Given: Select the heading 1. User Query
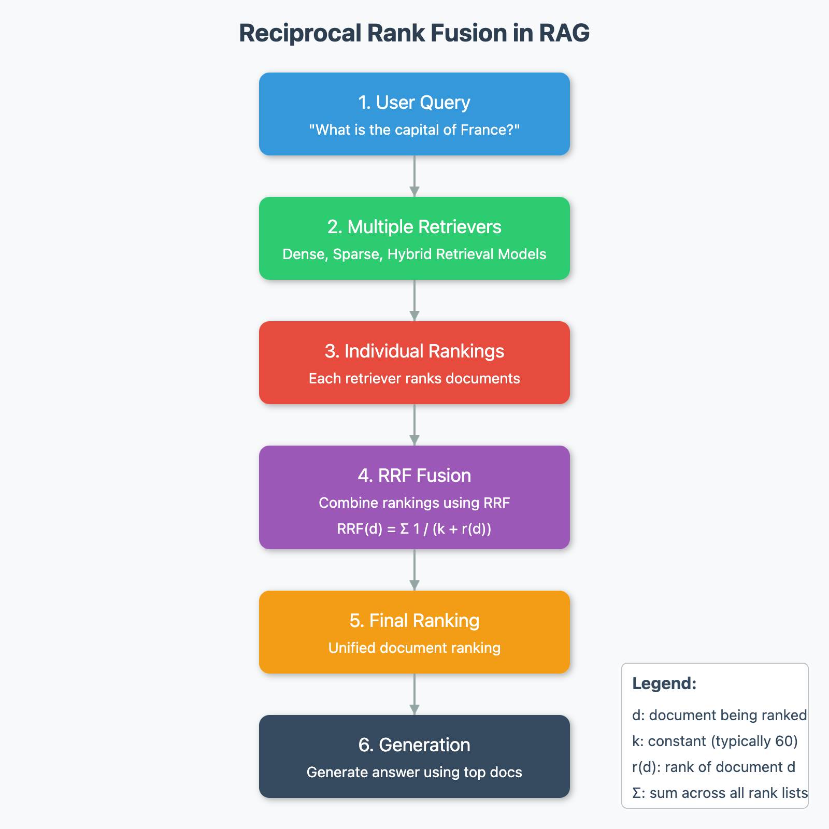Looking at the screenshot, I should click(x=414, y=103).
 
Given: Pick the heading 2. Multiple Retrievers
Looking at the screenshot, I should click(x=414, y=227).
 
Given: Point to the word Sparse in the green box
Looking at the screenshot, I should click(x=355, y=254).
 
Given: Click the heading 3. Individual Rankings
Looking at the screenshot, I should click(x=414, y=351).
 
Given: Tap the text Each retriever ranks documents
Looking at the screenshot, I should click(x=414, y=378).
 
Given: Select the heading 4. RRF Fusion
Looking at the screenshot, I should click(x=414, y=476).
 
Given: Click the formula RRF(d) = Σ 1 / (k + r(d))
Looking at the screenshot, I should click(x=414, y=528).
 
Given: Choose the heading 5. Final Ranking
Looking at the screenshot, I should click(x=414, y=621).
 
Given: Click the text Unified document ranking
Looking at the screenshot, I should click(x=414, y=648).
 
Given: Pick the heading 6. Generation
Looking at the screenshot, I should click(x=414, y=745).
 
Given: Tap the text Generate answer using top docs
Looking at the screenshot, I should click(x=414, y=772).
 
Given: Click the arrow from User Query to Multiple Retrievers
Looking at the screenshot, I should click(x=414, y=176).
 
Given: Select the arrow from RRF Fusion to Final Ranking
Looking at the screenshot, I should click(x=414, y=570).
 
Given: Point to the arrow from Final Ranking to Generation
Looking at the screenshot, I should click(x=414, y=694).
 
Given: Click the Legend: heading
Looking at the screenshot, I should click(x=664, y=683).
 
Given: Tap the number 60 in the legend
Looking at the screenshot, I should click(x=784, y=741).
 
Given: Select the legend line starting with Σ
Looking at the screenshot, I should click(x=720, y=793).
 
